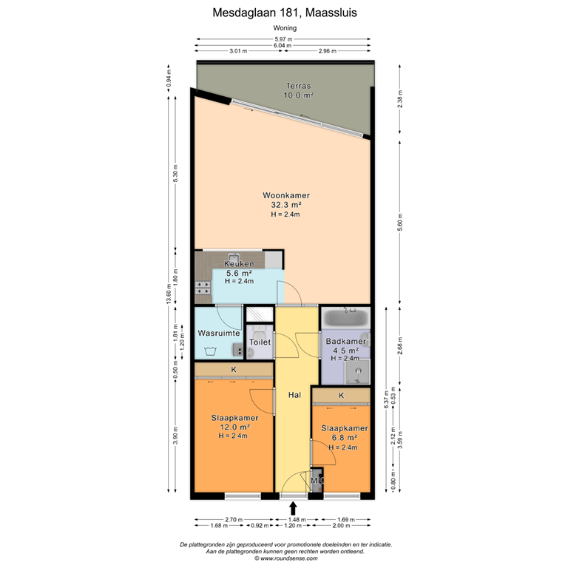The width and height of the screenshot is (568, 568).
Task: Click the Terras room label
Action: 300,87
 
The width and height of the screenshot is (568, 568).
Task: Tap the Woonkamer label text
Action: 285,196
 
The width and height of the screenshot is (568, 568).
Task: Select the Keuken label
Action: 240,264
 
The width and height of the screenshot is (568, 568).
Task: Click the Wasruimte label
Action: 218,334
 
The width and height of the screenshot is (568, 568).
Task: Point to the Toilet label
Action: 260,342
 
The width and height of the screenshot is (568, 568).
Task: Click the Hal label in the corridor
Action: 294,396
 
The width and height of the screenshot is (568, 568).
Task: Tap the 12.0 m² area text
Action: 233,427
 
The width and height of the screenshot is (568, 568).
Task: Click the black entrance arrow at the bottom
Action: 294,508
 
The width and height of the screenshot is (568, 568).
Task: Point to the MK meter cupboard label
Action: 317,481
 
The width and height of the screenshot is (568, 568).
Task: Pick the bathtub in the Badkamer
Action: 346,319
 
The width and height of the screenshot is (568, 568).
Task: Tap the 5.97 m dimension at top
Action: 283,39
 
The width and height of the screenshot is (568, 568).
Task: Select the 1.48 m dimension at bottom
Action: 294,520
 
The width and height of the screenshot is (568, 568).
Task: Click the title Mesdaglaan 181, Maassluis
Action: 284,13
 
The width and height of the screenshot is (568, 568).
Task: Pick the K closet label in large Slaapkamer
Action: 233,370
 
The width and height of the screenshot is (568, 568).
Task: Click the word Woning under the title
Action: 284,28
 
